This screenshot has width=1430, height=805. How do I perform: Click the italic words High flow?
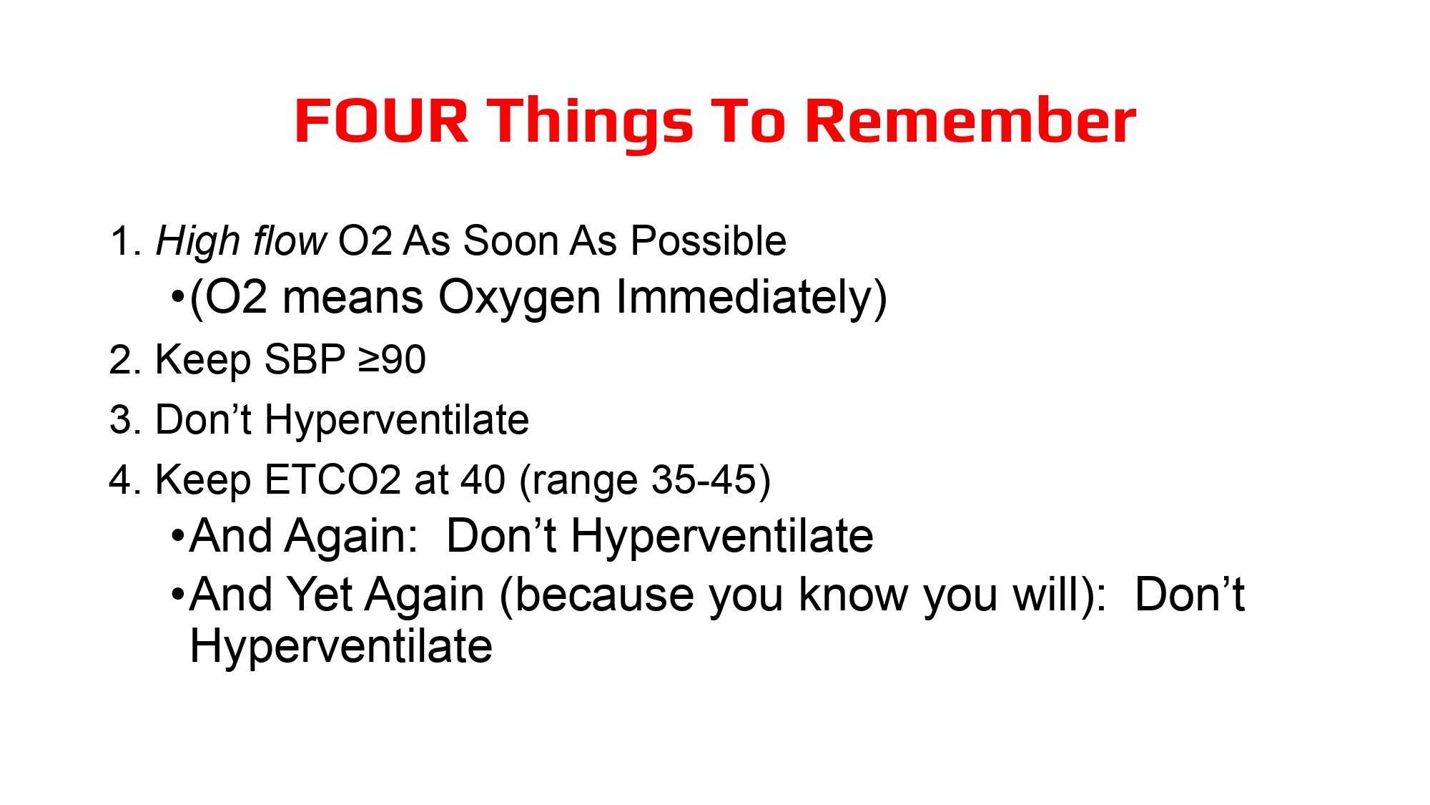click(241, 242)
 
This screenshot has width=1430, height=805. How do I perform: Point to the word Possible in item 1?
click(708, 241)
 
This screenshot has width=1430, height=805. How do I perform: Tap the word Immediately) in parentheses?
click(751, 299)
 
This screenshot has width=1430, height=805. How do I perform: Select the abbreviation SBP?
click(305, 359)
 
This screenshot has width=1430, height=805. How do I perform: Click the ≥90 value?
click(392, 359)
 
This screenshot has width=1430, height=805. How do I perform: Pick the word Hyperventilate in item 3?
click(397, 421)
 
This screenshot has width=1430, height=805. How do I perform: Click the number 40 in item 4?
click(483, 479)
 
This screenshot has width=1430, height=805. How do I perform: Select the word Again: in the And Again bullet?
click(351, 537)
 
